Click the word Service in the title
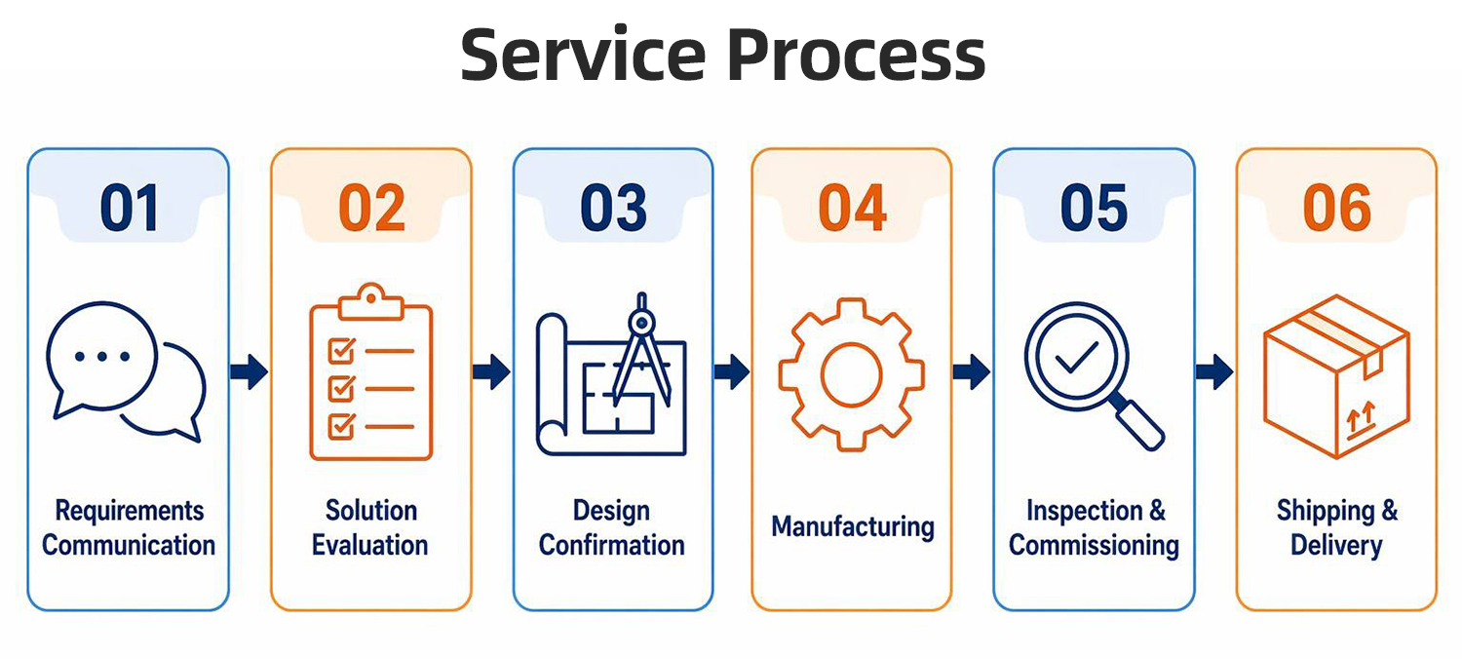[x=584, y=55]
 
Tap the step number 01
[x=130, y=208]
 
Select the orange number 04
[x=852, y=208]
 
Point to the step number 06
[x=1336, y=208]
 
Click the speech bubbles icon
[x=126, y=371]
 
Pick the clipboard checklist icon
[x=370, y=371]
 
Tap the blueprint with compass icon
[x=611, y=374]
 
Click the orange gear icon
[x=851, y=375]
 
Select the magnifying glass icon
[x=1094, y=375]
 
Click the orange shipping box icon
[x=1336, y=376]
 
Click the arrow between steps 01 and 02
[x=249, y=371]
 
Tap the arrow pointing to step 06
[x=1214, y=371]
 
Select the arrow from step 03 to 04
[x=732, y=371]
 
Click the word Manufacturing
[x=853, y=527]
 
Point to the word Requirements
[x=130, y=511]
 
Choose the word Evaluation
[x=370, y=545]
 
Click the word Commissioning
[x=1094, y=546]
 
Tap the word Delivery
[x=1336, y=546]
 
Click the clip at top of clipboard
[x=370, y=302]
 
